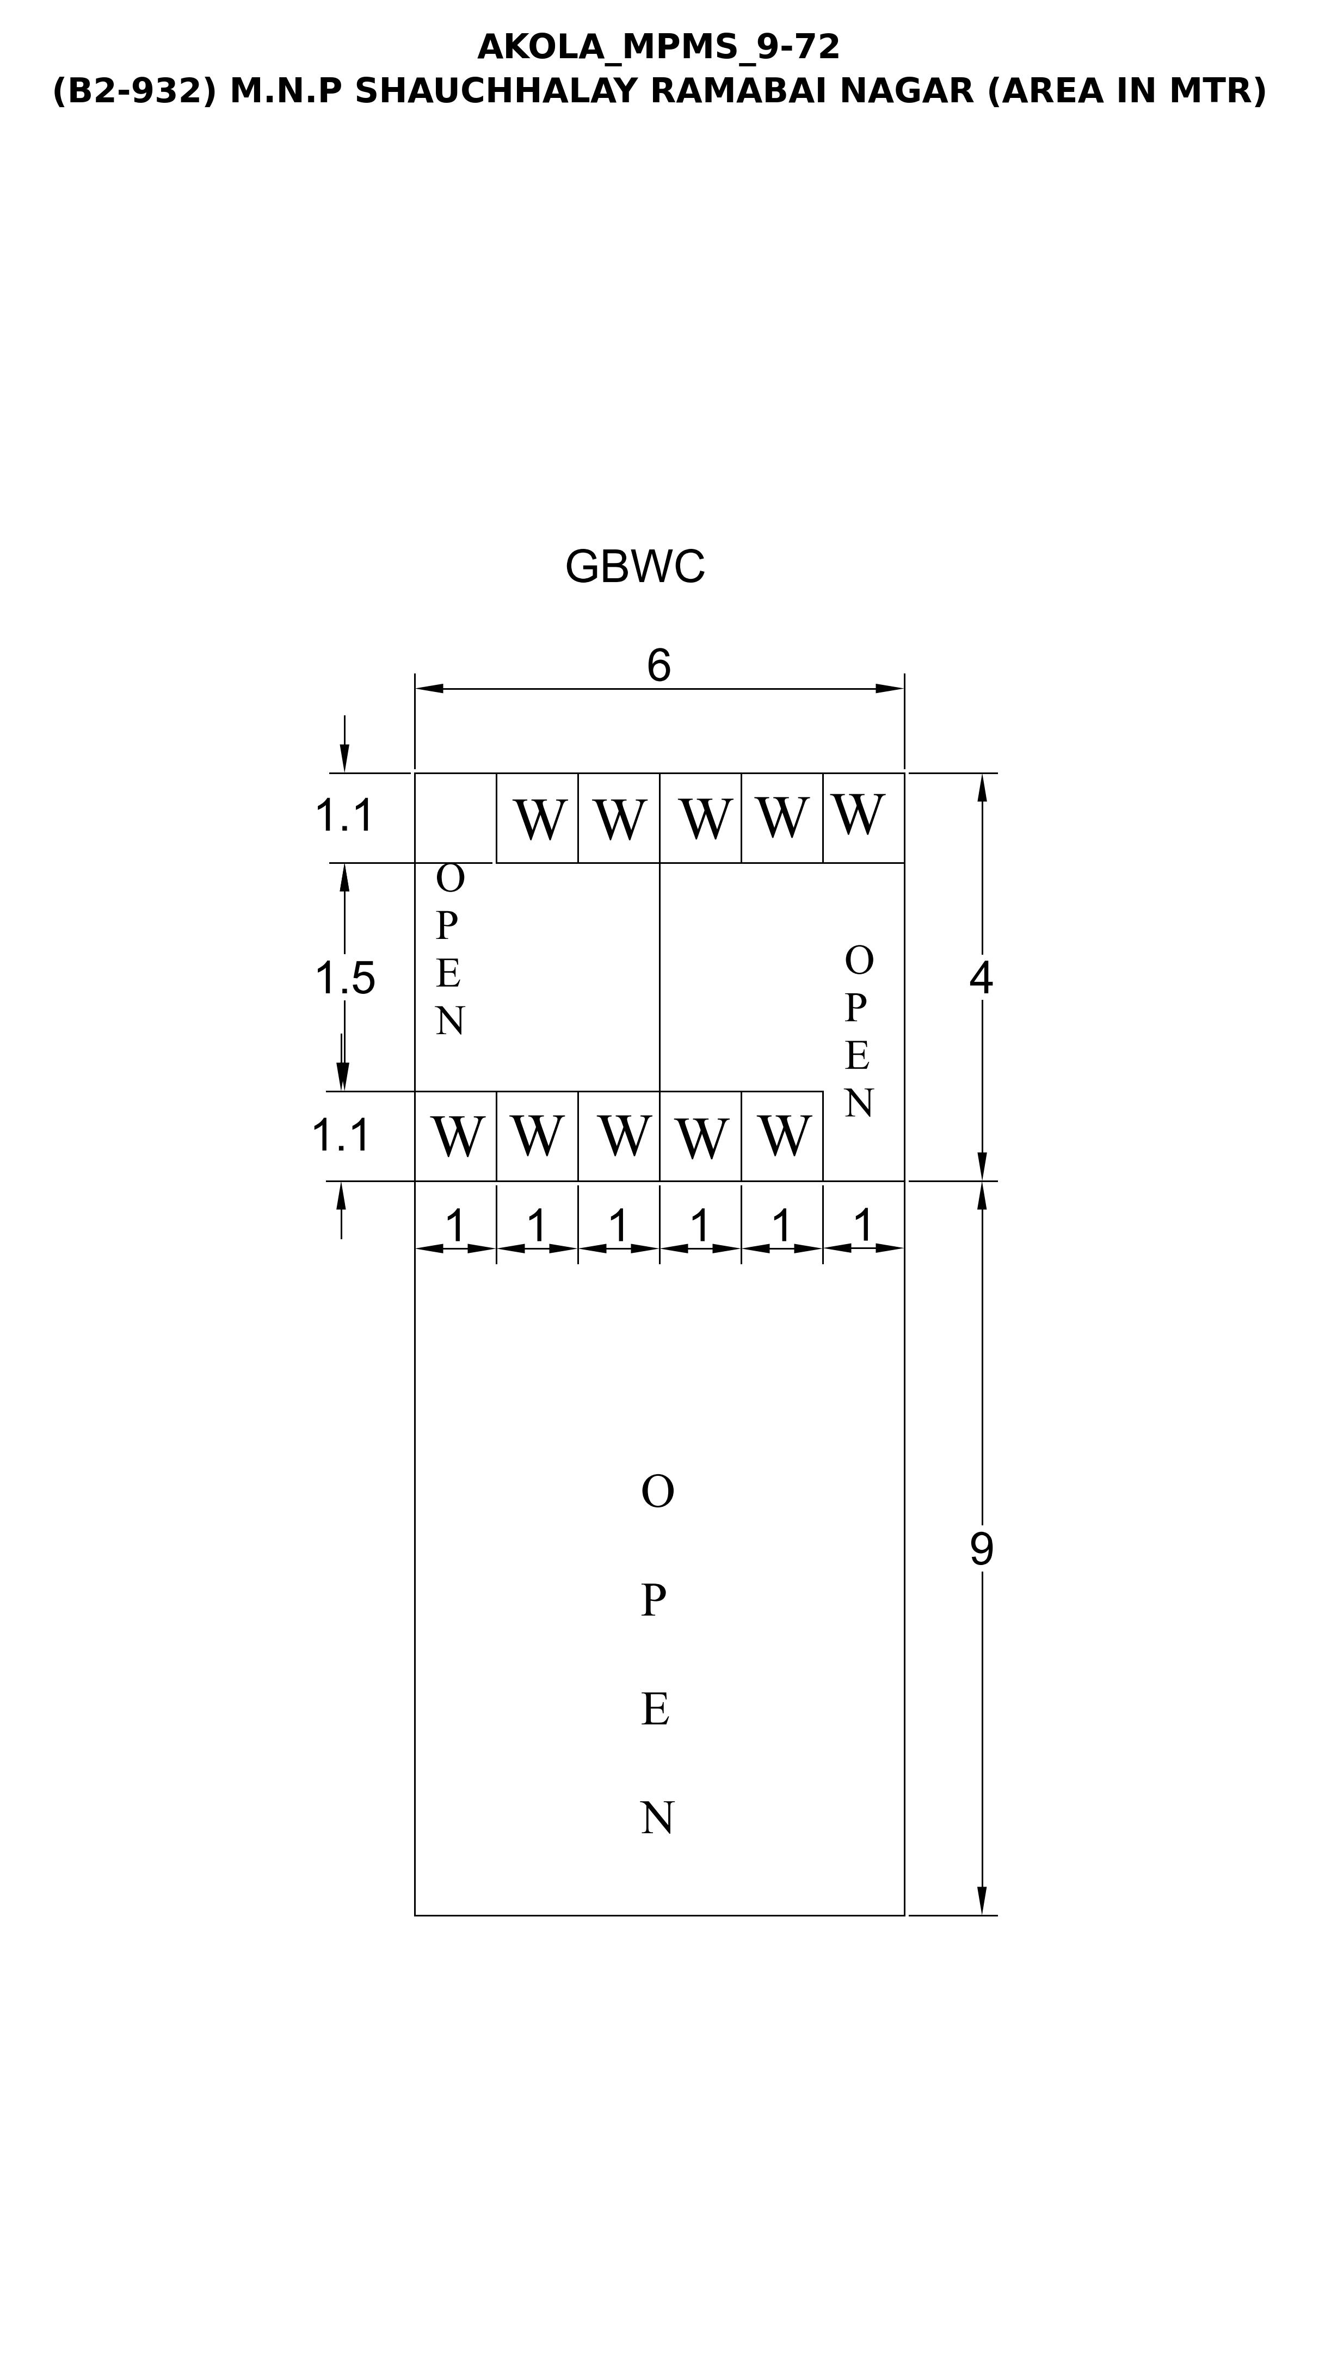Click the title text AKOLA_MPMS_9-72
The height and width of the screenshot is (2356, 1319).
pyautogui.click(x=658, y=47)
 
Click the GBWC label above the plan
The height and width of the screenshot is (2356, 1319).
pyautogui.click(x=635, y=567)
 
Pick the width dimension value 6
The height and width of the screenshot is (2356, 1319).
pyautogui.click(x=658, y=666)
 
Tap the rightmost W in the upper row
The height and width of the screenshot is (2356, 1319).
pyautogui.click(x=858, y=814)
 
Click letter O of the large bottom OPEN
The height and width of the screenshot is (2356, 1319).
pyautogui.click(x=658, y=1492)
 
